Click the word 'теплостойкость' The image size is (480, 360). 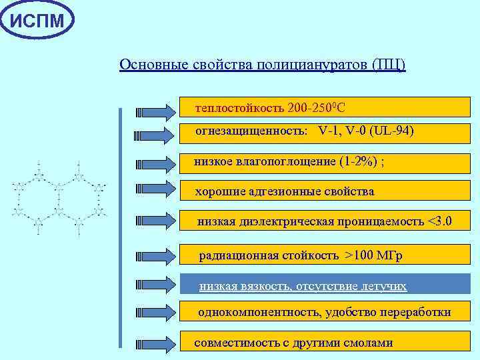pos(239,107)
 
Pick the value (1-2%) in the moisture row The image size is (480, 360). pos(361,161)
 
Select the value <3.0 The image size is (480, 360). pos(440,221)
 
